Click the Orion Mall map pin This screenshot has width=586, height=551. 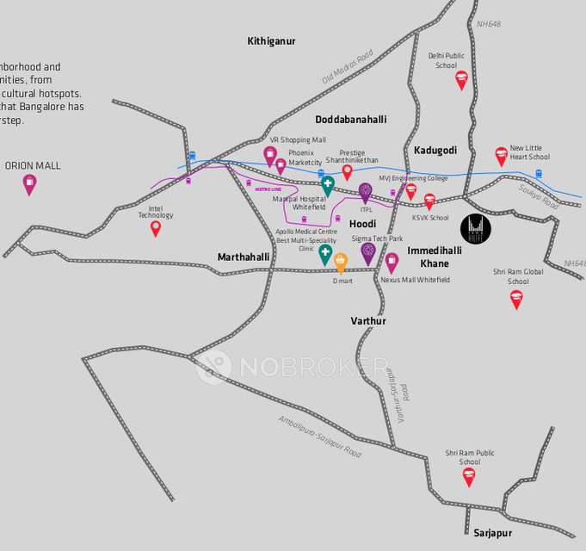click(29, 183)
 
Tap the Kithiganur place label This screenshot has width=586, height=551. click(271, 40)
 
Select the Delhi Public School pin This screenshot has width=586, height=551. click(461, 80)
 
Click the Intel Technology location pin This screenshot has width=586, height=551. click(156, 228)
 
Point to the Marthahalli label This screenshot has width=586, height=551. click(244, 257)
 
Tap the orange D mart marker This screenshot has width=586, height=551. click(340, 262)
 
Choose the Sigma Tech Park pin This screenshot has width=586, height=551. click(368, 252)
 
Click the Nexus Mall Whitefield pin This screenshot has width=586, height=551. click(392, 262)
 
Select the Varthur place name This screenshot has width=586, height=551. click(368, 320)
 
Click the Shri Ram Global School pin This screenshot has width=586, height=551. click(516, 299)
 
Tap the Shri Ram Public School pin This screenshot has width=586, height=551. click(469, 476)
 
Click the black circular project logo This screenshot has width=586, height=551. click(476, 228)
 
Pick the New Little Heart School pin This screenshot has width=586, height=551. click(502, 156)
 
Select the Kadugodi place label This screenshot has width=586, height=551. click(435, 150)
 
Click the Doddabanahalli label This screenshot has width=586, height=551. click(351, 119)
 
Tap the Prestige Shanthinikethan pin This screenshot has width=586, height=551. click(348, 171)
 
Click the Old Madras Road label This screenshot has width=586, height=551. click(348, 66)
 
